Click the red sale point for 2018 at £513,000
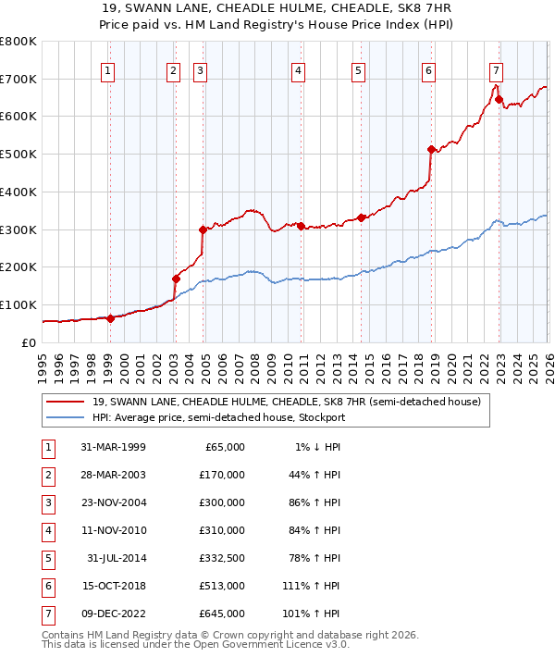point(430,149)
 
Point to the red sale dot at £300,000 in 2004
point(203,229)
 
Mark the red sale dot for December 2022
point(499,100)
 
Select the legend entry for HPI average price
point(218,417)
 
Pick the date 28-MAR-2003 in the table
point(113,475)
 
